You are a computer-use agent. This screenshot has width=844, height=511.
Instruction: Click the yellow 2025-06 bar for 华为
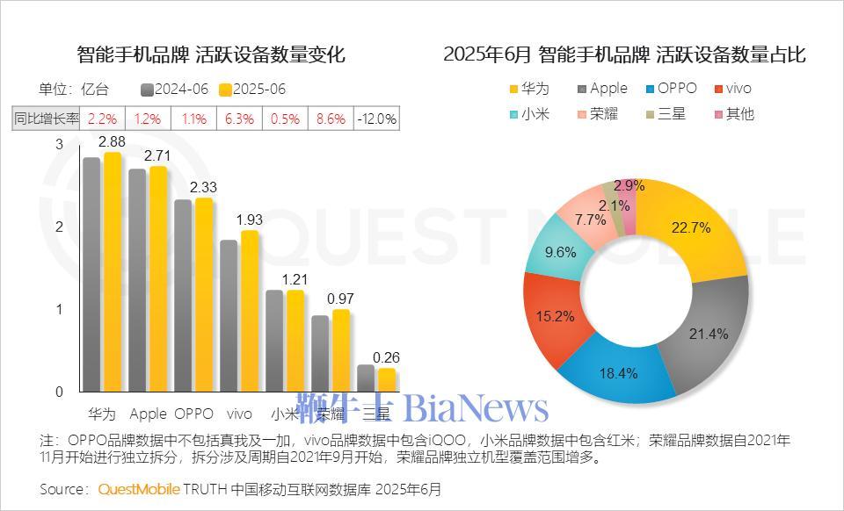click(113, 272)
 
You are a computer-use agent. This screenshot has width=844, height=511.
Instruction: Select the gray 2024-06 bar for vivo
click(229, 316)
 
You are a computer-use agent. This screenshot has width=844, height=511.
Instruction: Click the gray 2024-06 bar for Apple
click(137, 281)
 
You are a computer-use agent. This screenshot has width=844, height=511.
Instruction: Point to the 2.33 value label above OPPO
click(203, 187)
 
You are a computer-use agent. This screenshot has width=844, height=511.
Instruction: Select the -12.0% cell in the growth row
click(376, 119)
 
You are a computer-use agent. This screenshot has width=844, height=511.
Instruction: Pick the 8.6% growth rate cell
click(331, 119)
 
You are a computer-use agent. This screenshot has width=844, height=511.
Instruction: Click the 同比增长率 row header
click(47, 119)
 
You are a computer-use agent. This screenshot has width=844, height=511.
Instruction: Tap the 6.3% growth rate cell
click(239, 119)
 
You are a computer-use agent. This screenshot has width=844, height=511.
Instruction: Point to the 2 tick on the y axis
click(60, 227)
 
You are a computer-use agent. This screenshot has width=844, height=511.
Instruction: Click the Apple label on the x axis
click(148, 414)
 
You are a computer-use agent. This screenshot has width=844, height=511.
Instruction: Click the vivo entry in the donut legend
click(733, 89)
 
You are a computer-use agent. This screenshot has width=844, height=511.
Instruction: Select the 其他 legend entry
click(733, 114)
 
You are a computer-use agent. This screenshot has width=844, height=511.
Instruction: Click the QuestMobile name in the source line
click(139, 489)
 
